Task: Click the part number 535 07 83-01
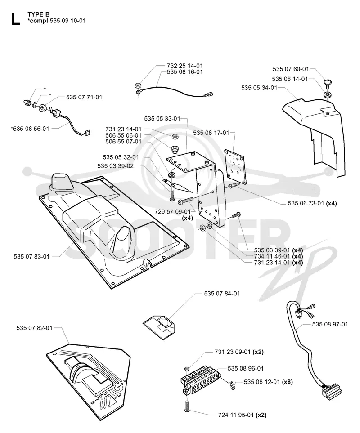point(31,257)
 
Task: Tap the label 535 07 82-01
point(34,328)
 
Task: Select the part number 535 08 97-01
point(330,324)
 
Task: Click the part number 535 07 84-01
point(222,294)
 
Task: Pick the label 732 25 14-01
point(185,66)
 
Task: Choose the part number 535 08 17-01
point(211,133)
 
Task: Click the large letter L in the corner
point(15,19)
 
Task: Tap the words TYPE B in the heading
point(39,15)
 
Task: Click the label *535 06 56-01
point(30,129)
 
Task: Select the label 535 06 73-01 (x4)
point(312,204)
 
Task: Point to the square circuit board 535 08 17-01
point(235,167)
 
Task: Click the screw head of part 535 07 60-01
point(328,82)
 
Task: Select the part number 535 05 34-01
point(259,88)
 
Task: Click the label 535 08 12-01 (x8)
point(268,382)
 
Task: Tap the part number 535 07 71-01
point(84,97)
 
